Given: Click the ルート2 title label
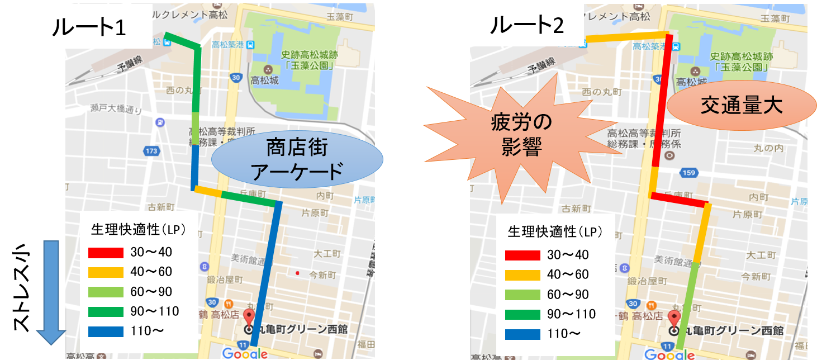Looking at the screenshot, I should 526,25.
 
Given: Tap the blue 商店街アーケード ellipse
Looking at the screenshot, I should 297,160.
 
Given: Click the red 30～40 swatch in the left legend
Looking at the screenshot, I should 106,252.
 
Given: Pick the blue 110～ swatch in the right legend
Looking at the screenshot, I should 522,334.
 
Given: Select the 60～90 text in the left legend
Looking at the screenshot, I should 151,291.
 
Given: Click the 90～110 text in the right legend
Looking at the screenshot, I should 571,314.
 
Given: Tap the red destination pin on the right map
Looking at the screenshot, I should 674,318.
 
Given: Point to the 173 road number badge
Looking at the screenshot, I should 151,151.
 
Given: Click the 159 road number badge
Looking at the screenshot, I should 688,173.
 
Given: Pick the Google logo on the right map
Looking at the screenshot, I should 669,354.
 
